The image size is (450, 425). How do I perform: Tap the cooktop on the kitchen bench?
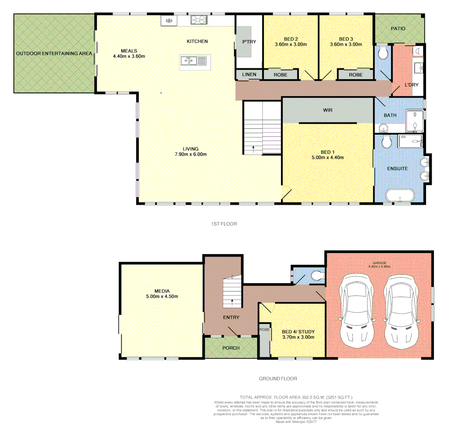pyautogui.click(x=199, y=20)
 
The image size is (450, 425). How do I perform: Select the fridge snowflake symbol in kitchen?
pyautogui.click(x=169, y=20)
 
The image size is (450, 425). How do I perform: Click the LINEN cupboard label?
pyautogui.click(x=249, y=74)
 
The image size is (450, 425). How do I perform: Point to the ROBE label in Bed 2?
pyautogui.click(x=280, y=75)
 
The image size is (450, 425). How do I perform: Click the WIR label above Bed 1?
pyautogui.click(x=328, y=110)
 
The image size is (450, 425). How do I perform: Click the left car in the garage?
pyautogui.click(x=357, y=309)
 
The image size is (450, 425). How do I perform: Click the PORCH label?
pyautogui.click(x=231, y=348)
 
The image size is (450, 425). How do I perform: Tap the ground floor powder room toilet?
pyautogui.click(x=317, y=275)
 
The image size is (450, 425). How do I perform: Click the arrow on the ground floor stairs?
pyautogui.click(x=232, y=302)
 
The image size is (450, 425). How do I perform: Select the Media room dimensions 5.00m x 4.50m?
pyautogui.click(x=162, y=297)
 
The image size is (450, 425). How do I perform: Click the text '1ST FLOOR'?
pyautogui.click(x=224, y=224)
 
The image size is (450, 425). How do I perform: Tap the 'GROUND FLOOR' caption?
pyautogui.click(x=278, y=379)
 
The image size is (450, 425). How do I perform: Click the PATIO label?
pyautogui.click(x=398, y=29)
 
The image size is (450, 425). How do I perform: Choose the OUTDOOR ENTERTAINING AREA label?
pyautogui.click(x=54, y=54)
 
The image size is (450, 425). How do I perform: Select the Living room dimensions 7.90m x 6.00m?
pyautogui.click(x=190, y=154)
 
